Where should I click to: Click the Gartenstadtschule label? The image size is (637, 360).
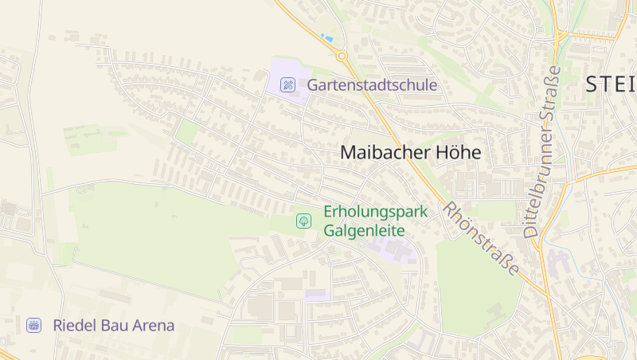coord(372,84)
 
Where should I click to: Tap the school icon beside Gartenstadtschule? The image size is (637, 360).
coord(288,84)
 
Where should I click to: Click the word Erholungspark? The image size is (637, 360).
coord(375,212)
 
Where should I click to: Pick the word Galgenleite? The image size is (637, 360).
coord(364,231)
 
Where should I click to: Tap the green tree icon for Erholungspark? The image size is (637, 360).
coord(303,221)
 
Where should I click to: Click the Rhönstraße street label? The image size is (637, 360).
coord(482,239)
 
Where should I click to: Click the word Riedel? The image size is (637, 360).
coord(72,326)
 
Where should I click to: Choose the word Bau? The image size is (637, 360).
coord(111,326)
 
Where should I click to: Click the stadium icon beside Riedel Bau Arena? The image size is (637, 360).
coord(33,325)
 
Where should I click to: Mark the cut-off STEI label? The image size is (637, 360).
coord(611,84)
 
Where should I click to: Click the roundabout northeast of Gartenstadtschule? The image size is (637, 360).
coord(342,57)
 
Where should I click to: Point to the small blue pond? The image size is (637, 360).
coord(326,37)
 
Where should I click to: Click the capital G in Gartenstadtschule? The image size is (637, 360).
coord(314,84)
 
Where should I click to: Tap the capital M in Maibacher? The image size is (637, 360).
coord(348,153)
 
